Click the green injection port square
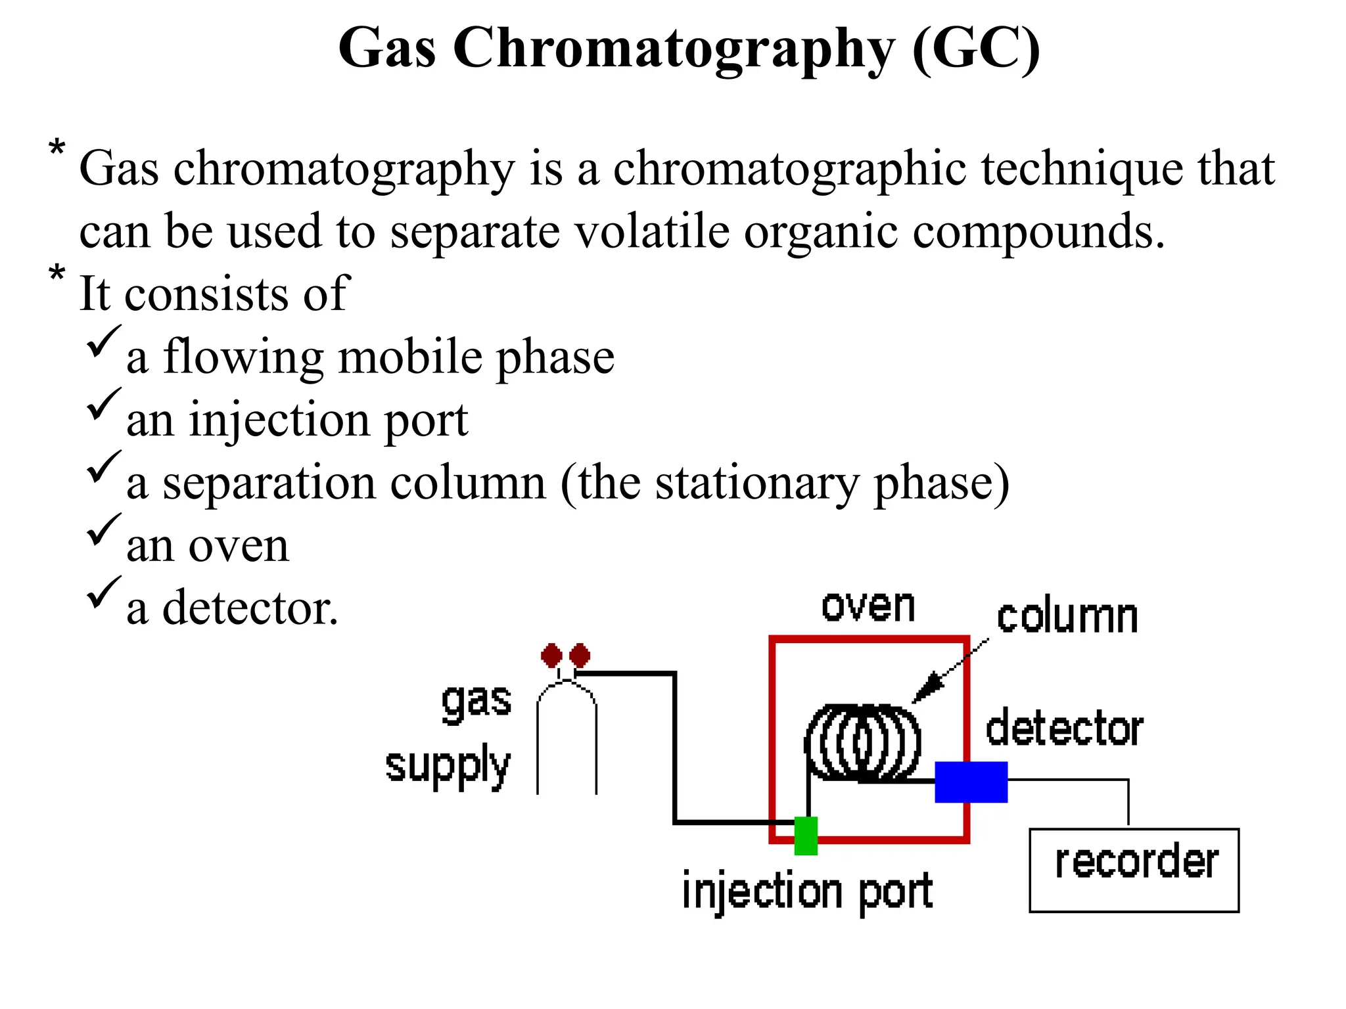806,836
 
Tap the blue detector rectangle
971,782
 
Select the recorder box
1134,870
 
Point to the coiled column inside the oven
862,743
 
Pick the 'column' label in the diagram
1067,617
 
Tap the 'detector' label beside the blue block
1064,729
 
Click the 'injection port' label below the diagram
807,891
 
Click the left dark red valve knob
551,655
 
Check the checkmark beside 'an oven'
103,529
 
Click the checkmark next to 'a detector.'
103,592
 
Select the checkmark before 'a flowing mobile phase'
103,342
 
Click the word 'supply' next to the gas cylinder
448,766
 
